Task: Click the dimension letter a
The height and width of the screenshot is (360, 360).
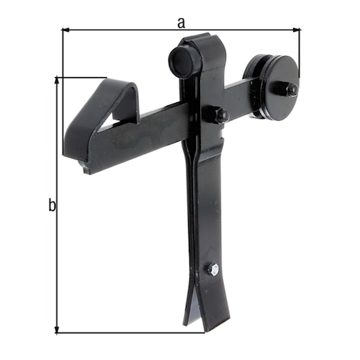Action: tap(181, 22)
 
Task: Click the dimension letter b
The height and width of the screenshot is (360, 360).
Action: tap(51, 206)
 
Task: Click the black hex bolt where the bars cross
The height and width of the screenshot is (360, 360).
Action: tap(215, 114)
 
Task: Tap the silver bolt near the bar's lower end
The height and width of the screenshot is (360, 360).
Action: tap(213, 269)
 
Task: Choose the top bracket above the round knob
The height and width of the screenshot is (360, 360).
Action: tap(205, 43)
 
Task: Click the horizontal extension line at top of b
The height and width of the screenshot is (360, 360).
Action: tap(81, 78)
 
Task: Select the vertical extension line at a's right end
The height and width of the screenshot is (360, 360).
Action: tap(299, 54)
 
